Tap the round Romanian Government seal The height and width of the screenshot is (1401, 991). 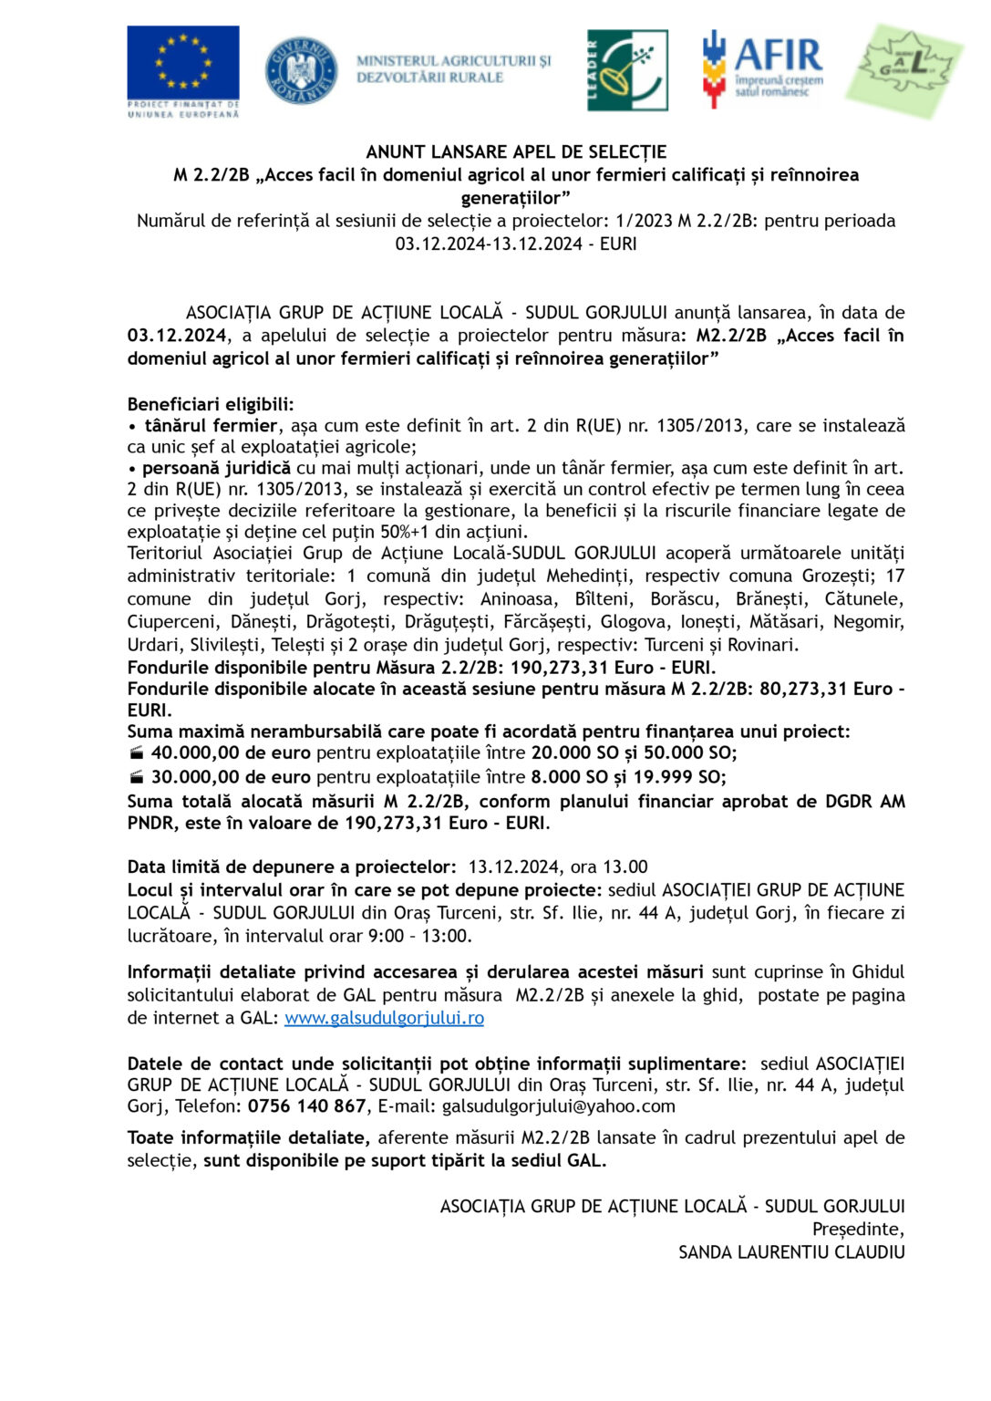point(301,70)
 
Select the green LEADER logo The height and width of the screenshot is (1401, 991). point(627,70)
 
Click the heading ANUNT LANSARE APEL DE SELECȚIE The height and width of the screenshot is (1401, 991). point(516,152)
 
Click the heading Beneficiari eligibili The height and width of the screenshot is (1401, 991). point(211,404)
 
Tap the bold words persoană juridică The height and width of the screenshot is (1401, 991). point(217,468)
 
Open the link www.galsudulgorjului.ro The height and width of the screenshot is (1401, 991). point(384,1018)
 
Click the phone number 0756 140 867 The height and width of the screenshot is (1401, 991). point(306,1106)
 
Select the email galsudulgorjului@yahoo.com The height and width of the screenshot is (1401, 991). point(559,1106)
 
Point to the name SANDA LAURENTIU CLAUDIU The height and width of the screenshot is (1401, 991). point(791,1252)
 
